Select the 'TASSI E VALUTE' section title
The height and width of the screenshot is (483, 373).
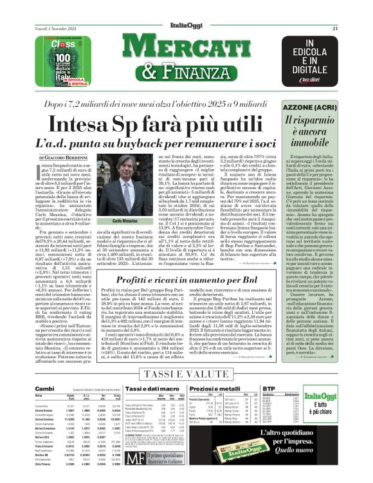coord(186,374)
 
